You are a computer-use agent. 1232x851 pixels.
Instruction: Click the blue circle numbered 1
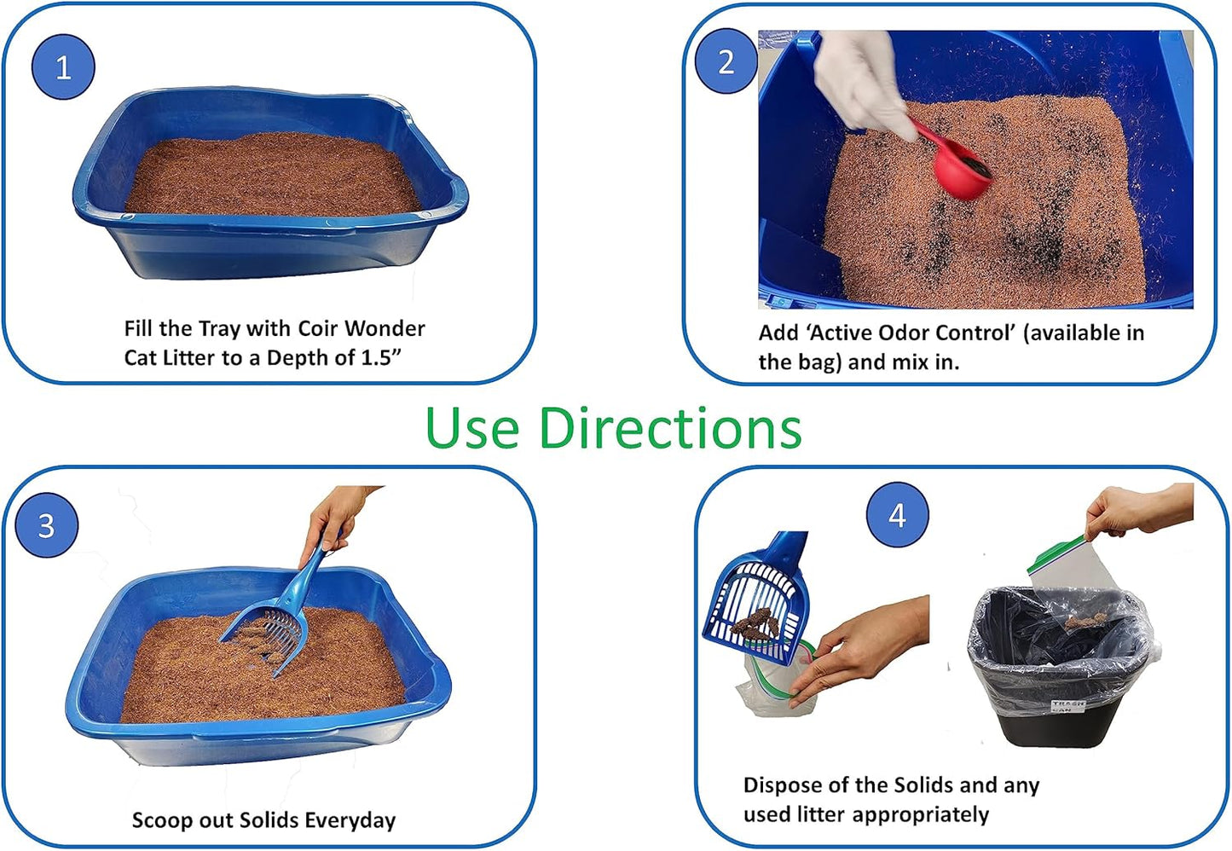click(63, 67)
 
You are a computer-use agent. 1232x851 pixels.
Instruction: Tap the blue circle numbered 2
click(726, 61)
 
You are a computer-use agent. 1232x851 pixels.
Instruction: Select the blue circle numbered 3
click(47, 525)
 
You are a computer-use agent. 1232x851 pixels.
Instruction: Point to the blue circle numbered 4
click(897, 515)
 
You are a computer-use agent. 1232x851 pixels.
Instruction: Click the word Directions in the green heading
click(670, 428)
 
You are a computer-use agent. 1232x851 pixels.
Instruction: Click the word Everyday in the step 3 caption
click(350, 820)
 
